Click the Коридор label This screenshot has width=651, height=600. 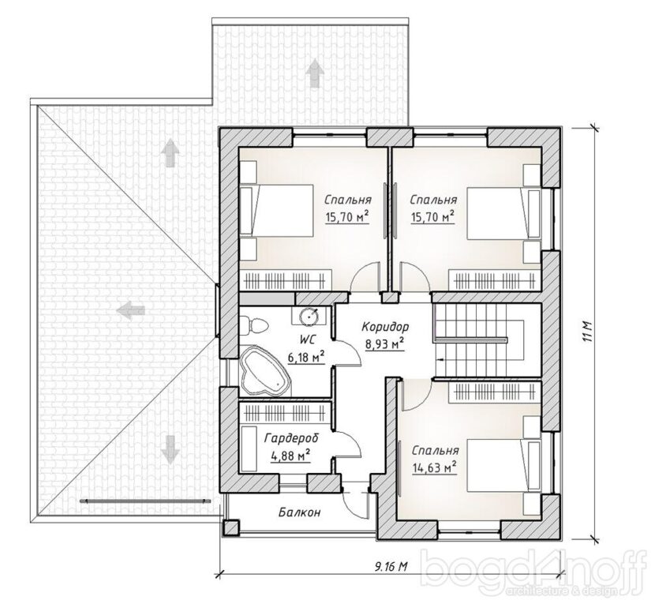pyautogui.click(x=385, y=328)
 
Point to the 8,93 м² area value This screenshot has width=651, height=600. pyautogui.click(x=385, y=344)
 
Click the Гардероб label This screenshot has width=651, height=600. pyautogui.click(x=291, y=438)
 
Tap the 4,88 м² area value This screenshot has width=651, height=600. pyautogui.click(x=290, y=456)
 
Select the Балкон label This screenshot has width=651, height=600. pyautogui.click(x=299, y=512)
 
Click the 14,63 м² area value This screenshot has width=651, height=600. pyautogui.click(x=434, y=468)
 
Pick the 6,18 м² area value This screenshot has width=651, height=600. pyautogui.click(x=305, y=357)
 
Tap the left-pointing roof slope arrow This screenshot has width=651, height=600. pyautogui.click(x=130, y=309)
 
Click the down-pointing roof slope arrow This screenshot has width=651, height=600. pyautogui.click(x=170, y=449)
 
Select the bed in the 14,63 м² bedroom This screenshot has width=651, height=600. pyautogui.click(x=504, y=465)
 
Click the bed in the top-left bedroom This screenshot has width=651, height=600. pyautogui.click(x=276, y=211)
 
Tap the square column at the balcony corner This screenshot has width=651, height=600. pyautogui.click(x=231, y=527)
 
